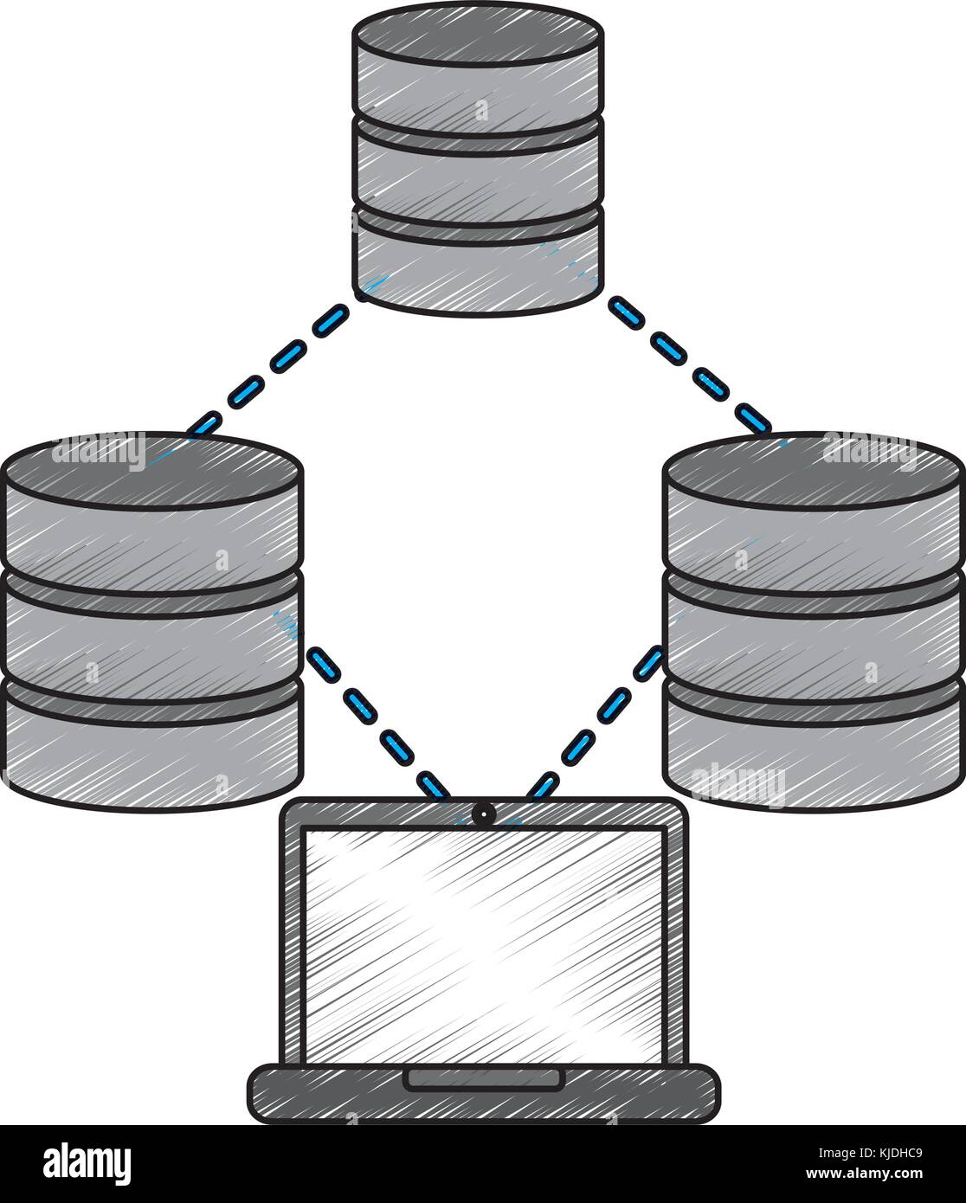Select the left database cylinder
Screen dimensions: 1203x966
[x=154, y=623]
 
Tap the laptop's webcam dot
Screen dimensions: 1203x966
[x=483, y=813]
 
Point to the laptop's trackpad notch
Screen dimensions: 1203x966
[x=483, y=1078]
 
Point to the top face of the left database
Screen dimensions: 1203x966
[x=154, y=468]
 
